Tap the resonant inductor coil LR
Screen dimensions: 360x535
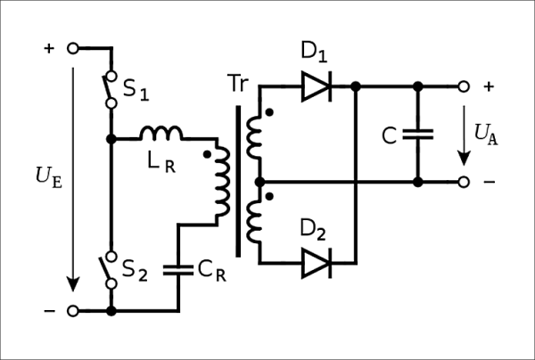click(x=162, y=134)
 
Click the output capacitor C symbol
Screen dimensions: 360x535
click(x=417, y=135)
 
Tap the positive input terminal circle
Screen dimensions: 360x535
click(x=72, y=48)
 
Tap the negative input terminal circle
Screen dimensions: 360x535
click(x=72, y=311)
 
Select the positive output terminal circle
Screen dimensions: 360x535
click(x=463, y=86)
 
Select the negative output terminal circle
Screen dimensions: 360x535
click(x=463, y=182)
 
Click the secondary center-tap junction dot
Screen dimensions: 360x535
click(x=259, y=182)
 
